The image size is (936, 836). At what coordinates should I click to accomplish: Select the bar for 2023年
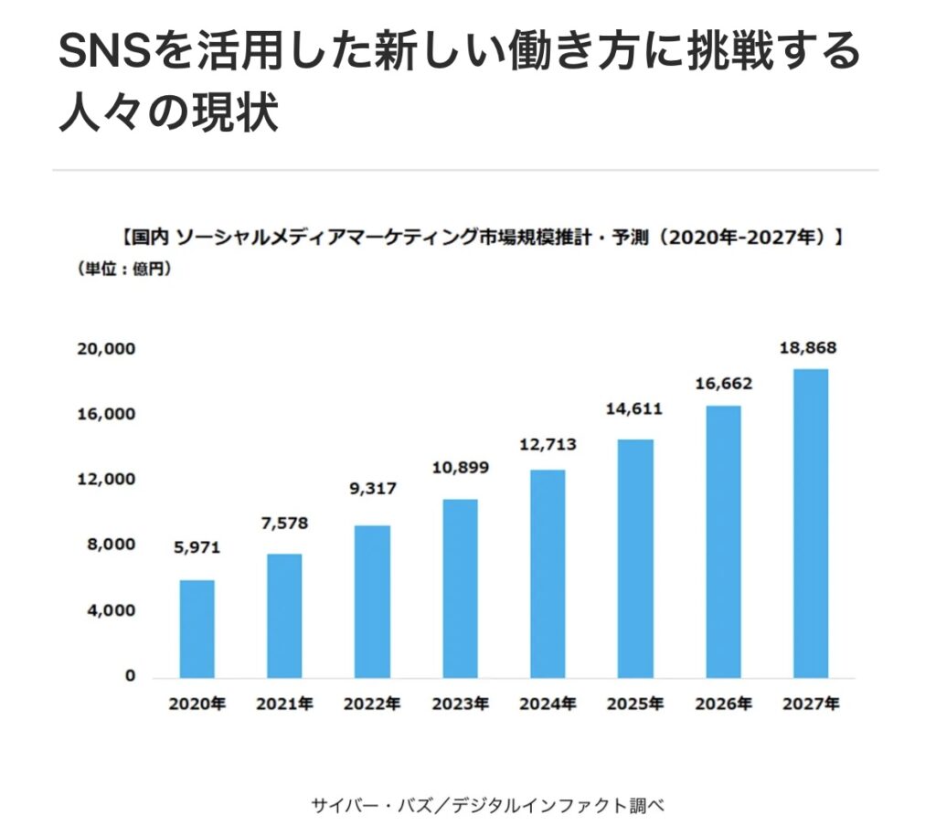pyautogui.click(x=460, y=588)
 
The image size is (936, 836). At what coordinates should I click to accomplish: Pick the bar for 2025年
pyautogui.click(x=635, y=558)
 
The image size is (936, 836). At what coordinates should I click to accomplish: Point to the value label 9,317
pyautogui.click(x=373, y=489)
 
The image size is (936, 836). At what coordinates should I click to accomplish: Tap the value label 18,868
pyautogui.click(x=808, y=348)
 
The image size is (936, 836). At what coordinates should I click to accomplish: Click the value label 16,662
pyautogui.click(x=724, y=384)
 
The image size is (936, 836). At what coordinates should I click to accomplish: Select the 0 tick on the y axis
pyautogui.click(x=130, y=676)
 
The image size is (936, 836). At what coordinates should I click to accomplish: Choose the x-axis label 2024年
pyautogui.click(x=548, y=704)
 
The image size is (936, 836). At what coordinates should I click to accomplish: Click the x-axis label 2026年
pyautogui.click(x=723, y=704)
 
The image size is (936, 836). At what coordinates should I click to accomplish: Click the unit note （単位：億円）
pyautogui.click(x=119, y=270)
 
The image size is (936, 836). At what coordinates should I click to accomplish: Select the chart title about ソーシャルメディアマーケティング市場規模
pyautogui.click(x=481, y=238)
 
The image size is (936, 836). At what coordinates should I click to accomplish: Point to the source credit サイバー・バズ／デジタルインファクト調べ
pyautogui.click(x=487, y=805)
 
